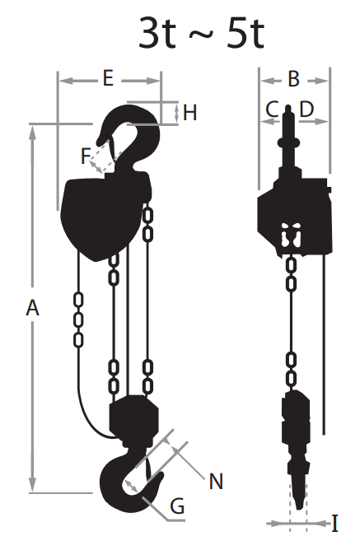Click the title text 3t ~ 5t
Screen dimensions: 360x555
pos(201,33)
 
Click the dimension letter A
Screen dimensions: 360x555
pos(32,307)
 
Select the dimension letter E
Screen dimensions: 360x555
pos(108,78)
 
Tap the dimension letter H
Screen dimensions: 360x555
pos(189,113)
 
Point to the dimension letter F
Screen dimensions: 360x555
pos(86,156)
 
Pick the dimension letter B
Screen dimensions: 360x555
pos(294,79)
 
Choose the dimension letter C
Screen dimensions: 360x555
pos(272,110)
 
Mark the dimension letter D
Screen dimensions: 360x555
pos(306,109)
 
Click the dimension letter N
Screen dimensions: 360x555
pos(216,482)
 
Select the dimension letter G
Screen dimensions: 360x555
pos(177,506)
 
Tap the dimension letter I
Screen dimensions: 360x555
pos(334,525)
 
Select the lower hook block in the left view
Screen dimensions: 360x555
pos(133,417)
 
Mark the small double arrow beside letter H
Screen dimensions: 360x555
pos(177,114)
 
